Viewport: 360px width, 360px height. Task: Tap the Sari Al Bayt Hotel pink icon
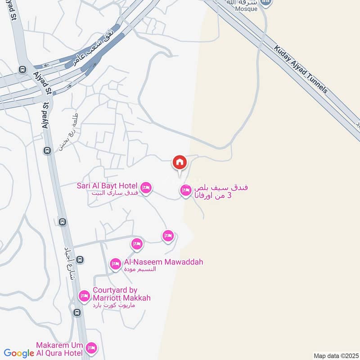[x=145, y=187]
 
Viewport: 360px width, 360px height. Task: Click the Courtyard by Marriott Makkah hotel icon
[x=84, y=296]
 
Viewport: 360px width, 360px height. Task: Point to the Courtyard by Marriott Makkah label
[x=121, y=294]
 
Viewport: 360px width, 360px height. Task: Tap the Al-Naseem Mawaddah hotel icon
[x=116, y=263]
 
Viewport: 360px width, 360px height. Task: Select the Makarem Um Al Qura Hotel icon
[x=91, y=348]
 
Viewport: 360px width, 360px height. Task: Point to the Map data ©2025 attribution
[x=335, y=355]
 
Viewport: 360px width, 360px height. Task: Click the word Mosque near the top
[x=247, y=9]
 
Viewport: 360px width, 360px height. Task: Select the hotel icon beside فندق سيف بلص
[x=185, y=191]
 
